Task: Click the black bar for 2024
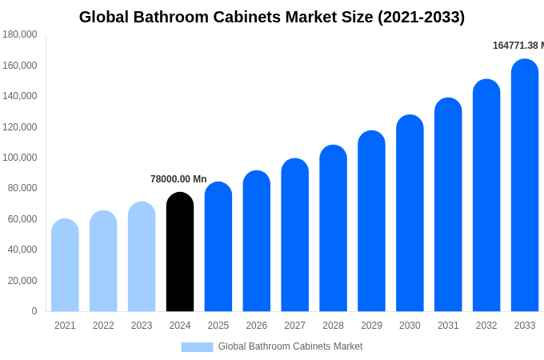[x=180, y=252]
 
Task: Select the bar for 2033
[x=525, y=186]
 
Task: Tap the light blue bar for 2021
[x=65, y=266]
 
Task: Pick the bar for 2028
[x=333, y=229]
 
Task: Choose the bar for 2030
[x=410, y=214]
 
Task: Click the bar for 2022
[x=103, y=262]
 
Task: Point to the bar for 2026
[x=257, y=242]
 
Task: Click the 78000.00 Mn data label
[x=178, y=179]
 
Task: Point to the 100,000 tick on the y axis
[x=20, y=158]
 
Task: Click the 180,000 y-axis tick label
[x=20, y=34]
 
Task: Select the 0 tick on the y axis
[x=34, y=311]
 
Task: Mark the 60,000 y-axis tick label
[x=22, y=219]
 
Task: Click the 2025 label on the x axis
[x=218, y=326]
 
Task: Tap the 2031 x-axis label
[x=448, y=326]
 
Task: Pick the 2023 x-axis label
[x=142, y=326]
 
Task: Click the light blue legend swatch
[x=197, y=347]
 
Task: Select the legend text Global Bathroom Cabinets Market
[x=290, y=346]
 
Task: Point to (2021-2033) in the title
[x=421, y=17]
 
